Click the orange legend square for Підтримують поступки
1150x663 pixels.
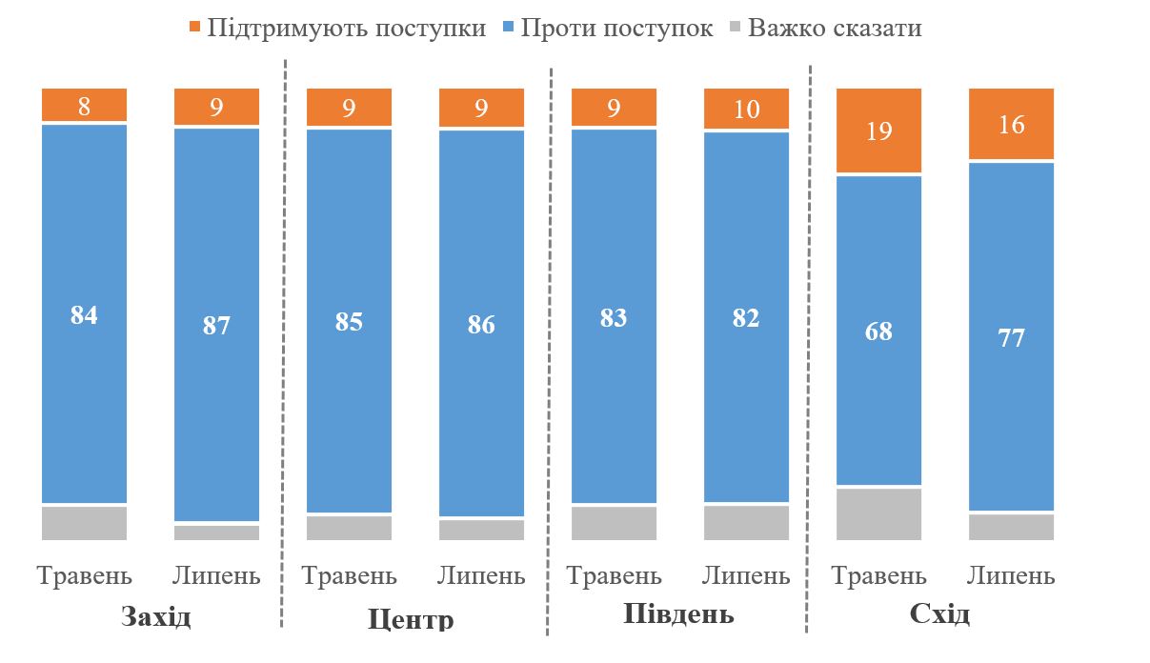pos(196,29)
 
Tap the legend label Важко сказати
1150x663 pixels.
pos(835,28)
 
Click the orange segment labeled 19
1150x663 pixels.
pos(878,131)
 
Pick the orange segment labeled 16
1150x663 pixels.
pos(1011,124)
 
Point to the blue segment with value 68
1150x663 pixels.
pos(878,331)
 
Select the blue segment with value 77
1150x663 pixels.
pos(1011,337)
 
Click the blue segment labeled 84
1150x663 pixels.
pos(84,314)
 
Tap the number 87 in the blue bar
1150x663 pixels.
pos(216,325)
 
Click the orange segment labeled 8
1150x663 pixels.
pos(84,106)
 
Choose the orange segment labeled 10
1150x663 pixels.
pos(746,109)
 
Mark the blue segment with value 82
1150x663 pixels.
pos(746,317)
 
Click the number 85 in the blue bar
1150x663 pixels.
pos(349,322)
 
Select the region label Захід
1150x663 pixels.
pos(157,617)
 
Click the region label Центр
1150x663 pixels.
pos(411,621)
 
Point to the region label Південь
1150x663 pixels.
pos(678,613)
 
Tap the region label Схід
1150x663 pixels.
pos(939,613)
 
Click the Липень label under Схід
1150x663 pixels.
pos(1011,575)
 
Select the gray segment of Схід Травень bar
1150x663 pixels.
pos(878,514)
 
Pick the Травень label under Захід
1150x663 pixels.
pos(84,575)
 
